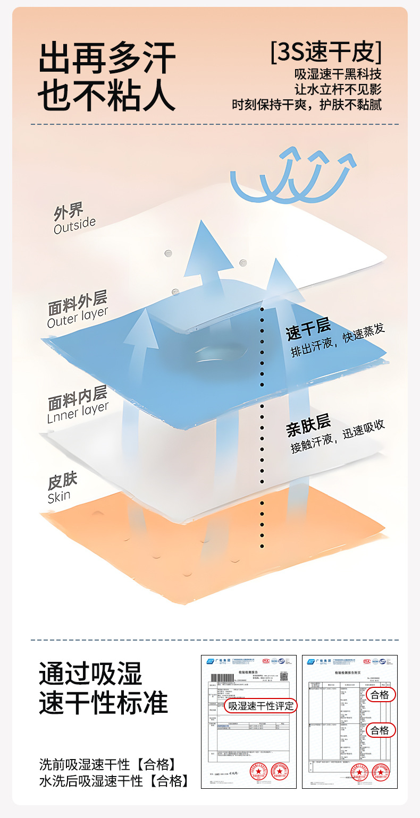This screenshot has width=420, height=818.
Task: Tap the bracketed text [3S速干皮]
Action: [325, 52]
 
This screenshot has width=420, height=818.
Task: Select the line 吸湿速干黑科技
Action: [338, 74]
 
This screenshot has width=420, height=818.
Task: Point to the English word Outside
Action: [74, 225]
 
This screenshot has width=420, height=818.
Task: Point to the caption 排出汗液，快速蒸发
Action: [338, 340]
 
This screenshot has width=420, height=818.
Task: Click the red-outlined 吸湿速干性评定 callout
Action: [261, 706]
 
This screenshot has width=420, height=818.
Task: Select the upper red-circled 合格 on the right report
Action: [380, 695]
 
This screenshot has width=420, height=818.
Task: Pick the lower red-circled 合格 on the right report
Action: [380, 730]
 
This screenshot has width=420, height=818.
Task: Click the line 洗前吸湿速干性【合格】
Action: [107, 764]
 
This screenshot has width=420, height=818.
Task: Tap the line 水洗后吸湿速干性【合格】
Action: [114, 781]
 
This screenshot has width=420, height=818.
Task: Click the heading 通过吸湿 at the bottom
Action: [90, 675]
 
